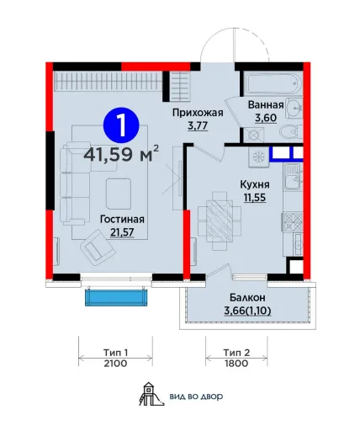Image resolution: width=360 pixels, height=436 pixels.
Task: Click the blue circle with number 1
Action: [121, 126]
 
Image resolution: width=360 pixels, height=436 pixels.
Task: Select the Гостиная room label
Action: [122, 220]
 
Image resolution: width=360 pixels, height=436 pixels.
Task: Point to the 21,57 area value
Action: [122, 232]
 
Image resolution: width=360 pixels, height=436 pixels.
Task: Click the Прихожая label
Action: [198, 113]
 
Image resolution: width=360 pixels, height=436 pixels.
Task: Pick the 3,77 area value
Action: [198, 126]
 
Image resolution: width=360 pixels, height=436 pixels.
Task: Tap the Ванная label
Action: [266, 105]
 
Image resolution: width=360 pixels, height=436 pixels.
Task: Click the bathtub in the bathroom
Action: [273, 83]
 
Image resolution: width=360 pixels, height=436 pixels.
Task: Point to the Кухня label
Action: [255, 185]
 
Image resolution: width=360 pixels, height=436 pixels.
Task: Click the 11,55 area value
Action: [255, 198]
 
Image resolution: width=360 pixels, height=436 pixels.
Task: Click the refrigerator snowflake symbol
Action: [258, 157]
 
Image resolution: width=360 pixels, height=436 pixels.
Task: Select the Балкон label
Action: [247, 297]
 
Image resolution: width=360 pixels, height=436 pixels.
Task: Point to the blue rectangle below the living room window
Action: [116, 297]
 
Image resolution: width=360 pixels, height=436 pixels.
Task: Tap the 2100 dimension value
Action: [115, 364]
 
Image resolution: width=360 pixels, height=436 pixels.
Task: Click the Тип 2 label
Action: [236, 353]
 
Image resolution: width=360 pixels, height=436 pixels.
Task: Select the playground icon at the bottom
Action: [151, 394]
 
